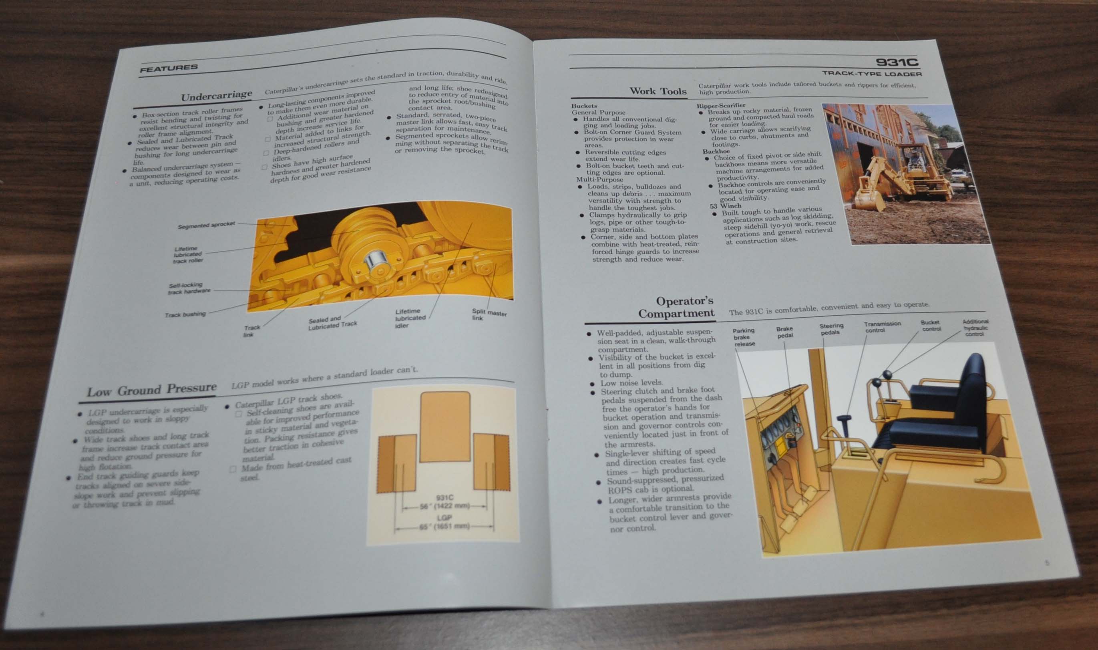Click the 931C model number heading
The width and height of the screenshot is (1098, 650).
(896, 62)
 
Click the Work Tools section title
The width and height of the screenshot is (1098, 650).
(658, 91)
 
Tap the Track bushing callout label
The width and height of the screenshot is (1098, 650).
(185, 314)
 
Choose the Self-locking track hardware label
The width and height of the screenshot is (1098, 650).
(189, 288)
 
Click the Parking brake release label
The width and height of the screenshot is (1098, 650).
(744, 337)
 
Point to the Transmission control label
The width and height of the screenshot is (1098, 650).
(882, 327)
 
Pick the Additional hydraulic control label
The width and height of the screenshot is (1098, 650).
(975, 328)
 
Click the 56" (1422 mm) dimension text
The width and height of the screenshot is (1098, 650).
(444, 506)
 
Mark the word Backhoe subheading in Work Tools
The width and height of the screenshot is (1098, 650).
(716, 151)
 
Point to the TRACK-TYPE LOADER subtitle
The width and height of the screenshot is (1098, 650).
(871, 74)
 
